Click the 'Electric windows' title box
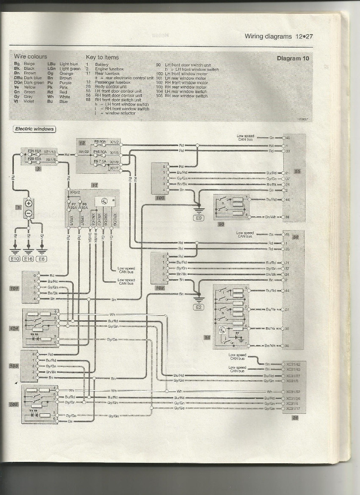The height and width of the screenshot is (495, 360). click(34, 129)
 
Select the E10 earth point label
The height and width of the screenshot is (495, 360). click(15, 258)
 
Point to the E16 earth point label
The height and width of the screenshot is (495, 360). click(29, 258)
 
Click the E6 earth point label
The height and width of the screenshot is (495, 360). click(43, 258)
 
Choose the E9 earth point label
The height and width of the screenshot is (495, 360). click(199, 217)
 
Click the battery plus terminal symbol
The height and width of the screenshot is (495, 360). click(28, 203)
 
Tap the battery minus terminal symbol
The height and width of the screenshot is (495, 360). click(28, 213)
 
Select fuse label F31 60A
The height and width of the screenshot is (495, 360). click(34, 150)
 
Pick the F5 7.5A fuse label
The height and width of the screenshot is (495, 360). click(100, 161)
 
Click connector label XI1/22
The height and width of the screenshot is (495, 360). click(83, 151)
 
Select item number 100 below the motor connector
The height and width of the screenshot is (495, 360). click(159, 198)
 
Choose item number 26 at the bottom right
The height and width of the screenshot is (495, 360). click(295, 417)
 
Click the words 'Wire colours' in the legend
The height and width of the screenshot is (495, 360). click(30, 57)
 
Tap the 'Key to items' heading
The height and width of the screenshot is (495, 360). click(102, 57)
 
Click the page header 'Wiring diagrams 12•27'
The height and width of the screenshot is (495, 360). click(280, 36)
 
